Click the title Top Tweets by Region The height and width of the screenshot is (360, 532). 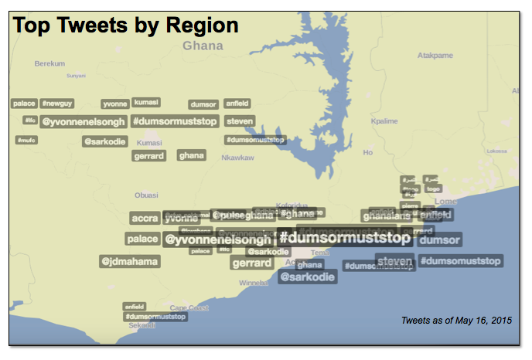coord(126,25)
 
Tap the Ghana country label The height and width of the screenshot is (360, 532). coord(203,46)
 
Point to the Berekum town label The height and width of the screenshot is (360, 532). coord(49,64)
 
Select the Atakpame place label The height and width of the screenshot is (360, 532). coord(435,56)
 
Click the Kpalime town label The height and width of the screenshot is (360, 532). coord(384,121)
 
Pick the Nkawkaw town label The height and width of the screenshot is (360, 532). coord(237,158)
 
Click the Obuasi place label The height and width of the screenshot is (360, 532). coord(146,195)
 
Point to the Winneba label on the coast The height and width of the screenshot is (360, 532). coord(254,284)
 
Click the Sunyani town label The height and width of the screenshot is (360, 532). coord(76,76)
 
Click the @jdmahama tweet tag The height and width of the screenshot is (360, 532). coord(130,262)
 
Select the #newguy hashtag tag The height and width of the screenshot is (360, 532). coord(57,104)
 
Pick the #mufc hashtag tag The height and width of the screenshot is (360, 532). coord(27,141)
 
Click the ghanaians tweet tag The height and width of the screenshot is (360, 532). coord(387,216)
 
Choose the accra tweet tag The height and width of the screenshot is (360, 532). coord(145,219)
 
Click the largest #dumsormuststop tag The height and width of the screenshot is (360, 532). coord(344,236)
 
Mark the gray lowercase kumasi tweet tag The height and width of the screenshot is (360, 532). coord(146,102)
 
